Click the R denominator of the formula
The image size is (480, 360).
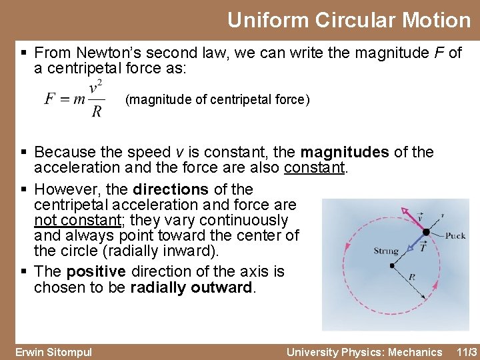coord(97,111)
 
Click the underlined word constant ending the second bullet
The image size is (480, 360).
coord(315,167)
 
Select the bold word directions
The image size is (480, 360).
coord(171,189)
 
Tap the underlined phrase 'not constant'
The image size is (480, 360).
coord(74,220)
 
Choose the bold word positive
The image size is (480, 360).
coord(96,271)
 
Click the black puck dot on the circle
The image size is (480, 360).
coord(426,233)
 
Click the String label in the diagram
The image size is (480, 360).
coord(386,251)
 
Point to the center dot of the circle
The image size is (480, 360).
coord(393,265)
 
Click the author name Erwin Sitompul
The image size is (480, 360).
coord(54,351)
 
